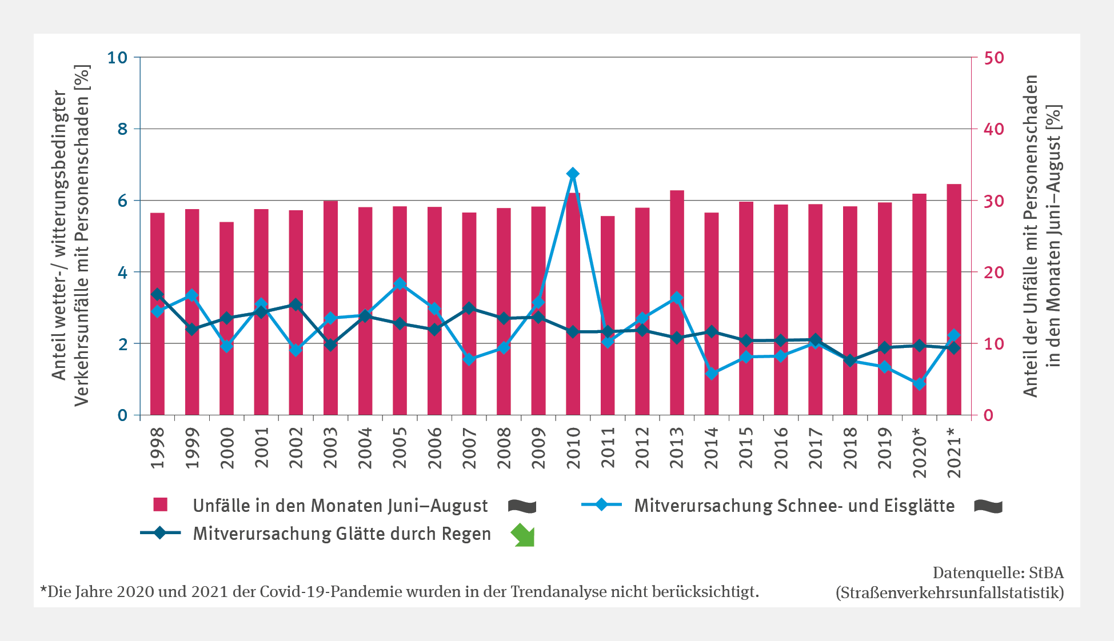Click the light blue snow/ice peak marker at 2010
[x=573, y=174]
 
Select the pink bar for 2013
[x=677, y=303]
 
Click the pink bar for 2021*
[x=954, y=299]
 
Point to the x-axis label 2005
[x=400, y=448]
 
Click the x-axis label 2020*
[x=919, y=452]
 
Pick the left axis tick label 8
[x=122, y=129]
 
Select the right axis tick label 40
[x=993, y=129]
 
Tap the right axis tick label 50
[x=993, y=58]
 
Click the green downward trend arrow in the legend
[x=523, y=535]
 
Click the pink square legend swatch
[x=161, y=504]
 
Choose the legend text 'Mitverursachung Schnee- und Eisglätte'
[x=794, y=506]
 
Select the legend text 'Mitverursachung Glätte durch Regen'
[x=342, y=534]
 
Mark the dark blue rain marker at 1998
[x=158, y=295]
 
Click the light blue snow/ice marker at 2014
[x=712, y=374]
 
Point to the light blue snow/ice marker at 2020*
[x=919, y=384]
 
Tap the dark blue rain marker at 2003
[x=330, y=344]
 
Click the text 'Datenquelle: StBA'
[x=998, y=572]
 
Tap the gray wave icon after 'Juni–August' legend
[x=522, y=506]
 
